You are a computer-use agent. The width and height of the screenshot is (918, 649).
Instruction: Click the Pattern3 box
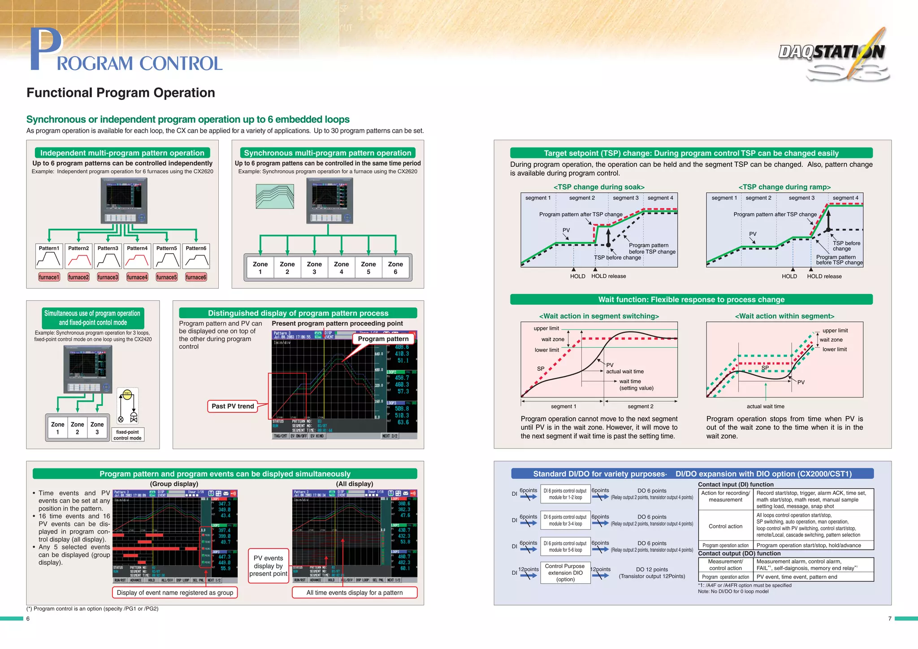point(108,256)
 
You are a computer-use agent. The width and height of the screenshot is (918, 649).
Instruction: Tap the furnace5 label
point(166,277)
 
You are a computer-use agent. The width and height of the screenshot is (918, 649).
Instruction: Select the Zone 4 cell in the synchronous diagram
point(341,268)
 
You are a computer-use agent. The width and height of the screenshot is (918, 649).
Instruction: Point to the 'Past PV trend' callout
point(233,406)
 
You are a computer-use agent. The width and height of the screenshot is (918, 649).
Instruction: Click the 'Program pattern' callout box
point(383,339)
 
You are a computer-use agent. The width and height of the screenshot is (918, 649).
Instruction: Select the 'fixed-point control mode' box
point(127,435)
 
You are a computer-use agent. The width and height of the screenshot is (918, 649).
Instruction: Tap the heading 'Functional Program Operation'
point(121,93)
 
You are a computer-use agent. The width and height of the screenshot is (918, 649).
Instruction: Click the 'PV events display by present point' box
point(268,566)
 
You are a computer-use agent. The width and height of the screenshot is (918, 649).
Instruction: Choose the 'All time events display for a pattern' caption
point(354,593)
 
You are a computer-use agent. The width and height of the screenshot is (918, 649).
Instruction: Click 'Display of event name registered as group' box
point(175,593)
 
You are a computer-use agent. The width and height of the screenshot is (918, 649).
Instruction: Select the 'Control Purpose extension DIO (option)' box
point(565,572)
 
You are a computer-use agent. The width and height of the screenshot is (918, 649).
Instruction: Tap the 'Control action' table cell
point(725,526)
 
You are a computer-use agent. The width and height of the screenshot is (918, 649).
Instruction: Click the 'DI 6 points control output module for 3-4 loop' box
point(565,520)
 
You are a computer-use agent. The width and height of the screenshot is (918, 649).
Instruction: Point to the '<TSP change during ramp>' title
point(784,187)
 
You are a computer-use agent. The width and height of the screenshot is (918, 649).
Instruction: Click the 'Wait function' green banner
point(691,299)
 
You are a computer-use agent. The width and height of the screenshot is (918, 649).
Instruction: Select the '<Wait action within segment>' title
point(784,316)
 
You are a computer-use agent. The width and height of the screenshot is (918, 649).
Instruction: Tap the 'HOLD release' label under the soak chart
point(608,276)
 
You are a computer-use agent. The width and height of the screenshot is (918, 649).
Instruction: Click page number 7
point(890,619)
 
